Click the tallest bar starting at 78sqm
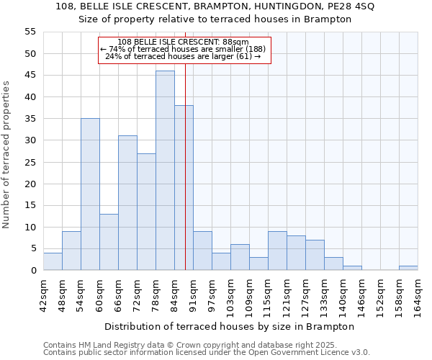pyautogui.click(x=165, y=171)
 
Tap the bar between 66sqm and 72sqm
pyautogui.click(x=127, y=203)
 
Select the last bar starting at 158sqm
pyautogui.click(x=408, y=268)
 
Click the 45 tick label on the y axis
pyautogui.click(x=30, y=76)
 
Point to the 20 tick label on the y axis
pyautogui.click(x=30, y=184)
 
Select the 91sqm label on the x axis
pyautogui.click(x=193, y=292)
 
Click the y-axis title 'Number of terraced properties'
pyautogui.click(x=6, y=154)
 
